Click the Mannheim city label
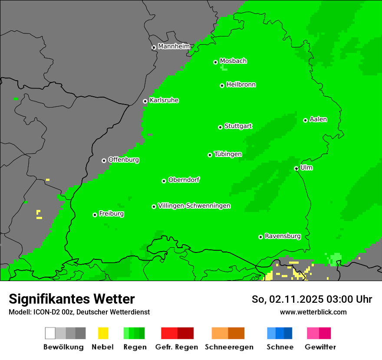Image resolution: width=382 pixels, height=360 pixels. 174,46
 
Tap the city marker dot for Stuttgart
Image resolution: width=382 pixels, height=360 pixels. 220,127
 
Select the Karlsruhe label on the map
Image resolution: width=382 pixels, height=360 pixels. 164,100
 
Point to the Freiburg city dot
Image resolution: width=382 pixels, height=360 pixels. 95,215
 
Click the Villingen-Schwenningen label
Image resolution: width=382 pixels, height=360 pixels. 194,206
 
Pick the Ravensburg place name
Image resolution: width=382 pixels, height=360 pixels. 283,236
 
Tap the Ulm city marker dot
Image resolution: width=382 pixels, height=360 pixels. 296,169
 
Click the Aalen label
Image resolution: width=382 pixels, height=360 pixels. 318,119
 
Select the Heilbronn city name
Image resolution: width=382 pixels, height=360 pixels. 241,85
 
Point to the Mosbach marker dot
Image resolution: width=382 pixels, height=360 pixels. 215,62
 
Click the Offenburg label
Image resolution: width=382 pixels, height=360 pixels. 123,160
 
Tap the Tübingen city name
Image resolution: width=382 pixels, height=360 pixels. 228,154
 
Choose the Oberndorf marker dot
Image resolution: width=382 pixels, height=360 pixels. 164,181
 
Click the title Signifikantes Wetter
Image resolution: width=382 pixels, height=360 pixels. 72,299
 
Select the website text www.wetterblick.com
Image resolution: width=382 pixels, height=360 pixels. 313,312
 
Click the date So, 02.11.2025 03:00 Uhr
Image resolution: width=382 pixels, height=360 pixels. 312,299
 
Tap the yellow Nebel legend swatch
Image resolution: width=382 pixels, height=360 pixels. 103,333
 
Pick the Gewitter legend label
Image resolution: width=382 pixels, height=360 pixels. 320,347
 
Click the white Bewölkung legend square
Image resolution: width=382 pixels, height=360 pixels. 50,333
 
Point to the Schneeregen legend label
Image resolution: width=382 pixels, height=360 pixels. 229,347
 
